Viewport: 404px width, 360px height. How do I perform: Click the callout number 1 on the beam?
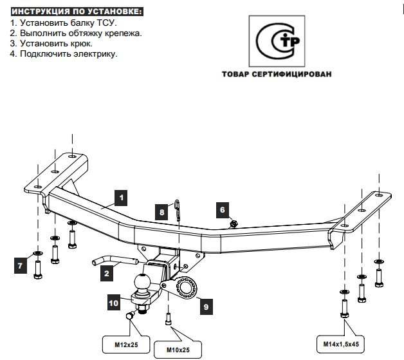point(122,196)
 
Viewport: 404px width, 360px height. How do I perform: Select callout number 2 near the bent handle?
point(107,274)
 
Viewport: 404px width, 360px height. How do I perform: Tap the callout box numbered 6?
point(222,209)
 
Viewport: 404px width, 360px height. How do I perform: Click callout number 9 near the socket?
point(206,307)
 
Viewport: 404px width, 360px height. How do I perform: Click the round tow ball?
point(143,282)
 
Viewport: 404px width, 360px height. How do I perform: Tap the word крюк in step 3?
point(81,43)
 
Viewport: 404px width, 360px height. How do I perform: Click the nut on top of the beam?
point(234,223)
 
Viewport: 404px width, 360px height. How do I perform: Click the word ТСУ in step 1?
point(106,23)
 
